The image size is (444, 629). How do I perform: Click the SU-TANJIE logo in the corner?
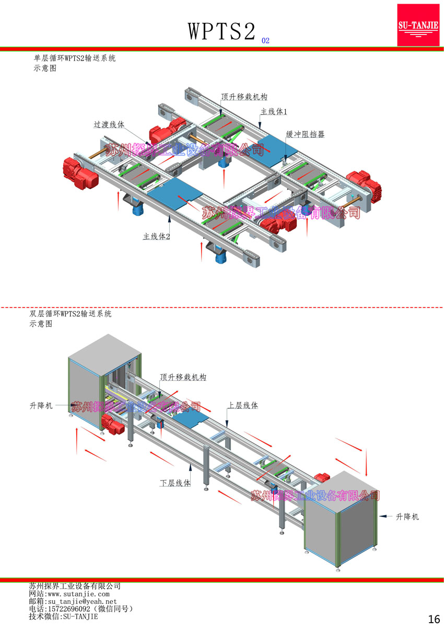(418, 25)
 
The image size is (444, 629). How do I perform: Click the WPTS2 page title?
(221, 31)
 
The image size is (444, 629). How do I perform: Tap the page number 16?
(434, 619)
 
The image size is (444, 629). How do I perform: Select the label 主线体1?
(274, 112)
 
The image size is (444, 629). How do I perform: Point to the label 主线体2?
(157, 236)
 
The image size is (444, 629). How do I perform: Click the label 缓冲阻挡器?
(305, 134)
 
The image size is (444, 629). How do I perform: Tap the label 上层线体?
(242, 405)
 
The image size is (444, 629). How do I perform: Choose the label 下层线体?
(175, 483)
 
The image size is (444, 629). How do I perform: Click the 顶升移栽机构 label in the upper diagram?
(244, 97)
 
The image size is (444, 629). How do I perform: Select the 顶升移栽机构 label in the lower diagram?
(183, 377)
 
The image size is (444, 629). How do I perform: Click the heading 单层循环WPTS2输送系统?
(74, 58)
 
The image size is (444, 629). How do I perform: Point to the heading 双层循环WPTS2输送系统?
(71, 314)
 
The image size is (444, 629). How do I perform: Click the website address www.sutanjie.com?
(78, 594)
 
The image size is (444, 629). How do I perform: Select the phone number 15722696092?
(71, 609)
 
